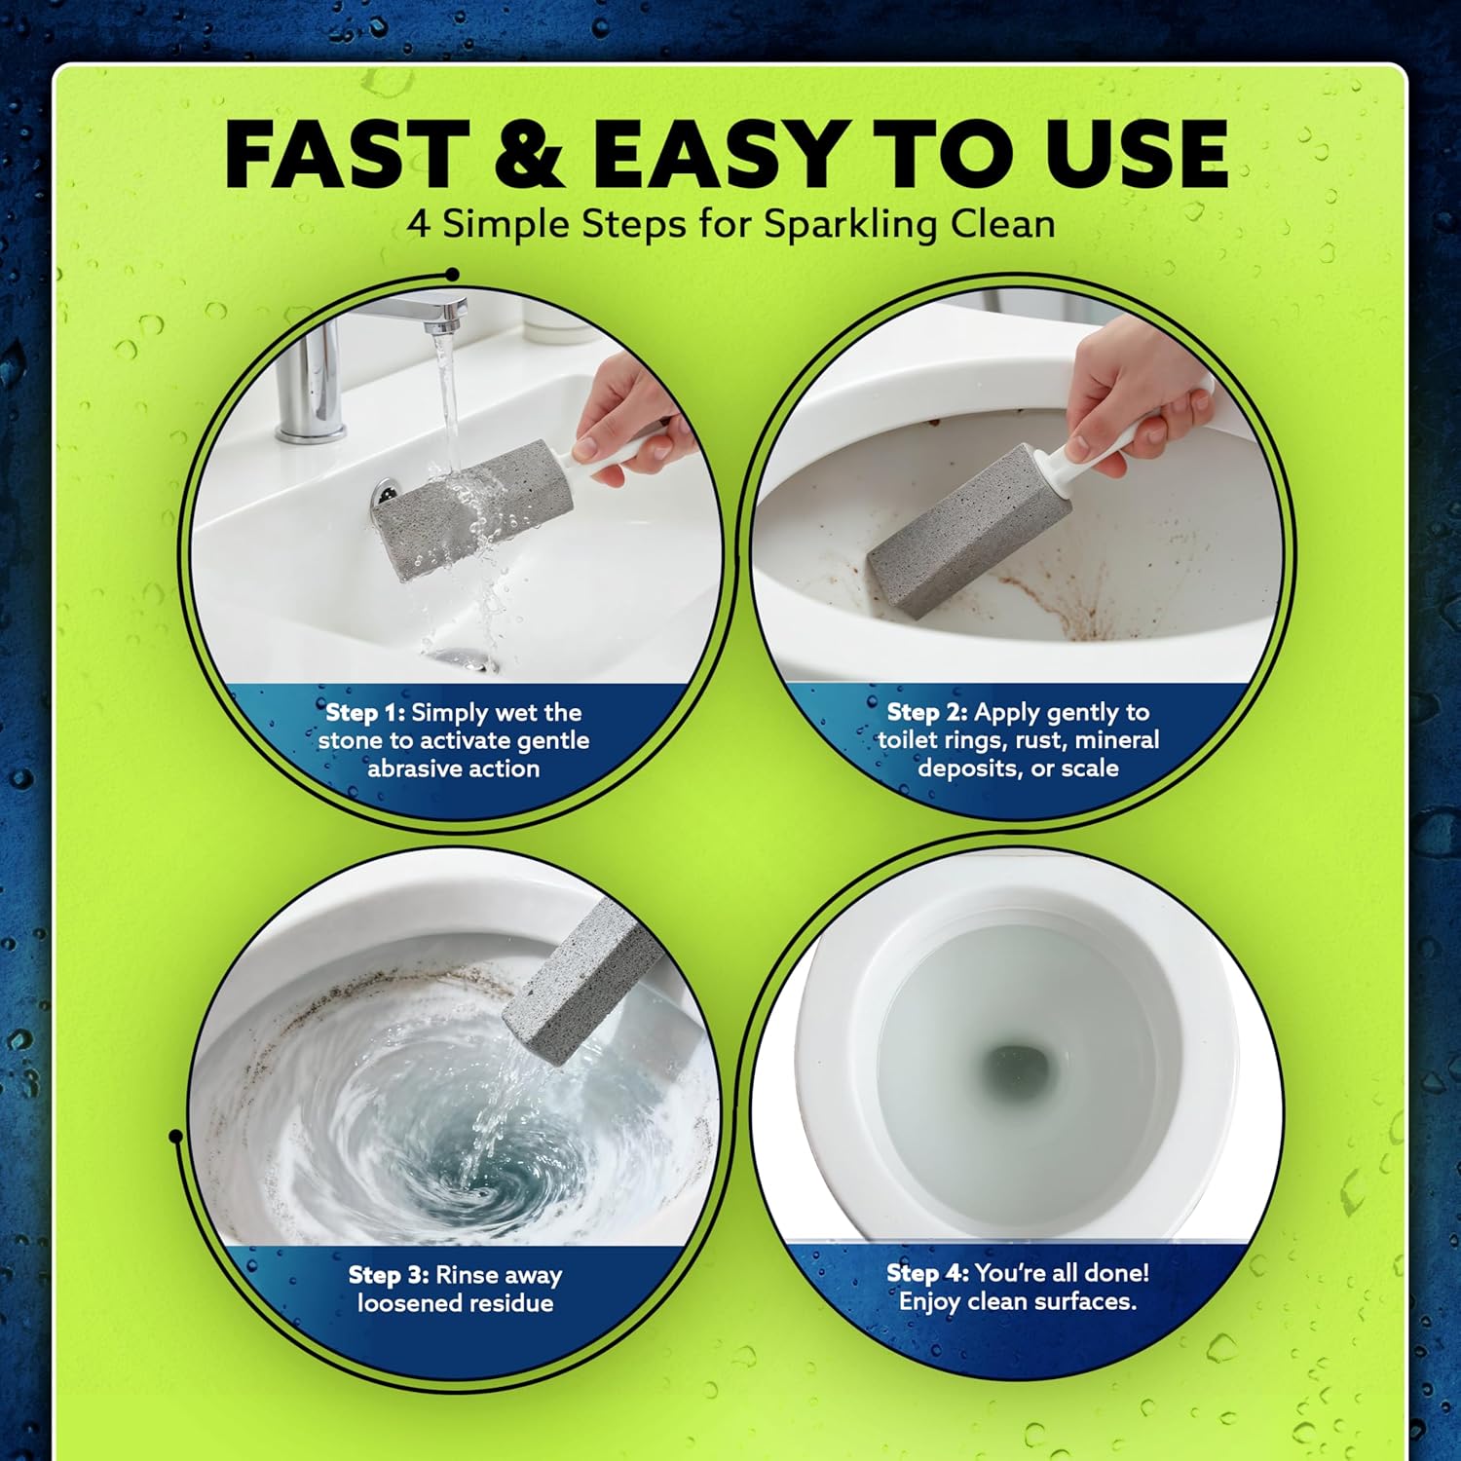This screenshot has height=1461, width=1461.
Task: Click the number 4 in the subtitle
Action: click(x=418, y=225)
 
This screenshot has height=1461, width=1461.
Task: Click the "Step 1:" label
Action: click(x=364, y=712)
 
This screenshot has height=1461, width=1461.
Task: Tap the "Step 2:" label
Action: click(x=926, y=712)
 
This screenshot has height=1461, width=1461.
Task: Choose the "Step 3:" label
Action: click(x=388, y=1275)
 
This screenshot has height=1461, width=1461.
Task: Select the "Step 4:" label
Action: click(x=926, y=1273)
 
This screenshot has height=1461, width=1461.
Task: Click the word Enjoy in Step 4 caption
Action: click(x=929, y=1301)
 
